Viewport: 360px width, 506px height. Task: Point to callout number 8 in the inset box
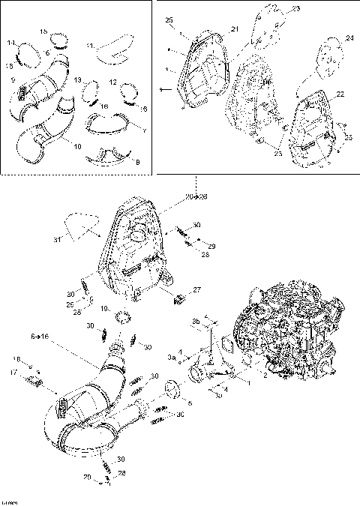136,160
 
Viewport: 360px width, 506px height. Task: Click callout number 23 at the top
295,8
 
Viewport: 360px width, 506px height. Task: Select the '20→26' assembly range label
196,197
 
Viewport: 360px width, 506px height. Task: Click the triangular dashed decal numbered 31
77,226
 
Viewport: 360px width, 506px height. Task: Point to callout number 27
197,289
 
